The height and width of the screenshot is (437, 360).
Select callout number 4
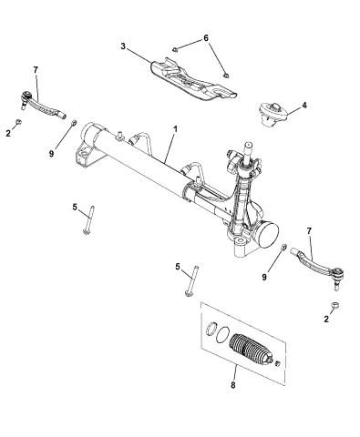(x=303, y=106)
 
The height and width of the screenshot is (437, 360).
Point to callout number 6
(x=205, y=37)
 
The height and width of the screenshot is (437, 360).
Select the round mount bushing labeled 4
(x=273, y=114)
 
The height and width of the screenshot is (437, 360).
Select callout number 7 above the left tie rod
(x=35, y=69)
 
